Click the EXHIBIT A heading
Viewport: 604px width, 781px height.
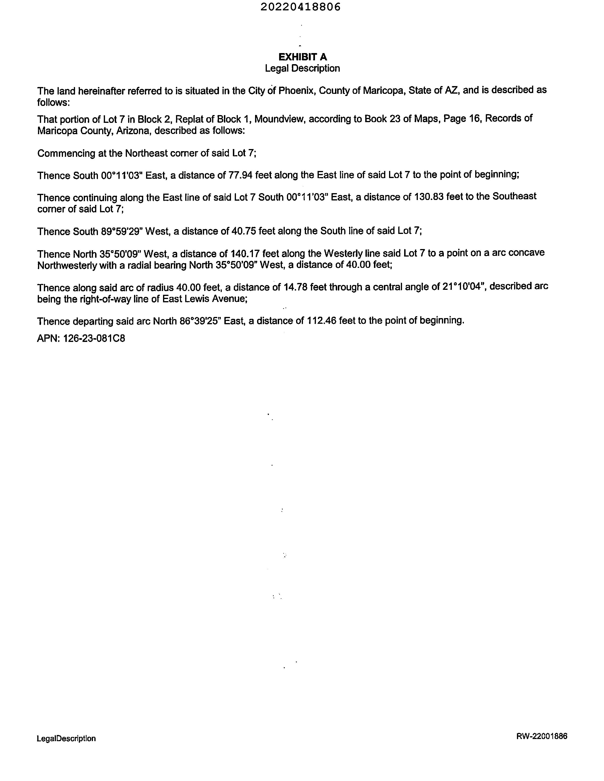[302, 57]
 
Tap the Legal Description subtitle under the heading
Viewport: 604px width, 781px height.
[302, 68]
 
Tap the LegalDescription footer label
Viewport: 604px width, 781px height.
[66, 739]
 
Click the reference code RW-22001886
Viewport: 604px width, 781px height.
[541, 736]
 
